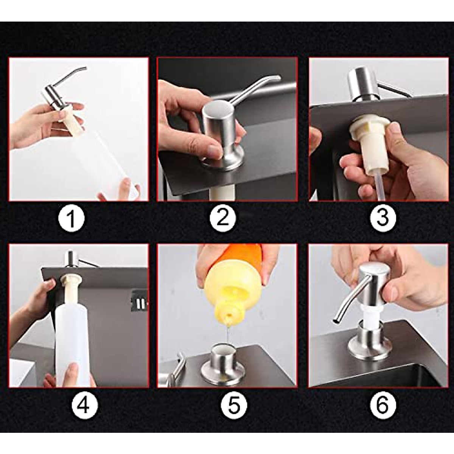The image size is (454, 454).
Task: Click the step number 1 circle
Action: click(72, 218)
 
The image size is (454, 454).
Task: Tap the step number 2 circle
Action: click(223, 218)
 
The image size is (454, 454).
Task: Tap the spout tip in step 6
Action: click(334, 322)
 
